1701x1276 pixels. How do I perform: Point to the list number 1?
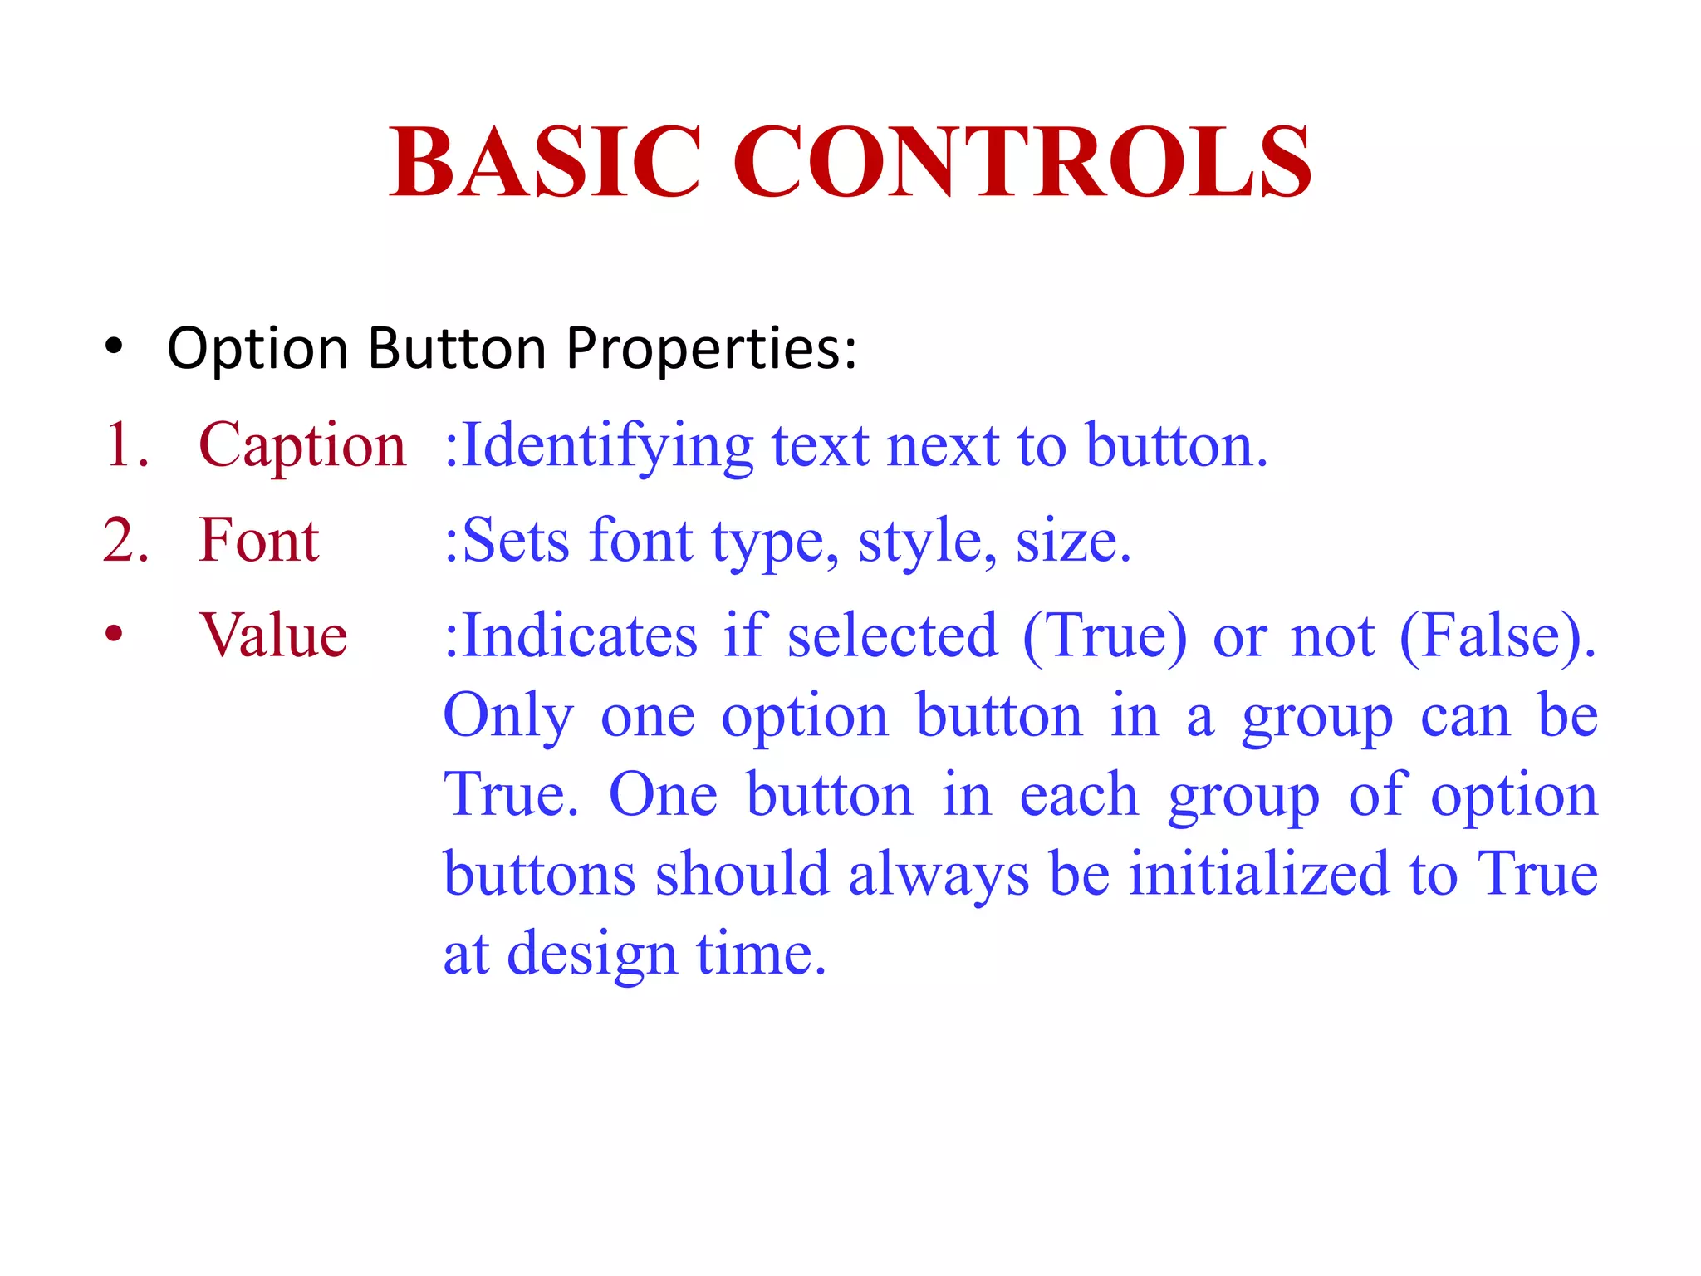(125, 446)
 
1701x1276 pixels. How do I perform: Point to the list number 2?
(125, 541)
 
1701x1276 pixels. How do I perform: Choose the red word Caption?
(302, 446)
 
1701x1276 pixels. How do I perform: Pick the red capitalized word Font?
(259, 541)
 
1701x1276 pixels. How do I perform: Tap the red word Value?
(273, 636)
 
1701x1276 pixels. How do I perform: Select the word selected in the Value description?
(892, 636)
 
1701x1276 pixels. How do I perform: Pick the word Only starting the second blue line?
(508, 717)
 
